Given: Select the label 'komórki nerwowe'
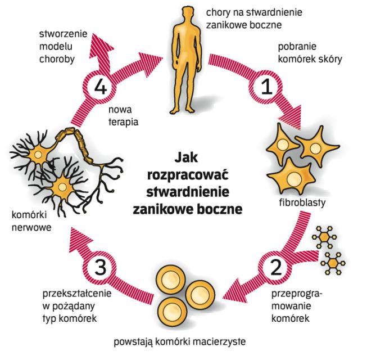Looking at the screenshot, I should coord(29,220).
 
